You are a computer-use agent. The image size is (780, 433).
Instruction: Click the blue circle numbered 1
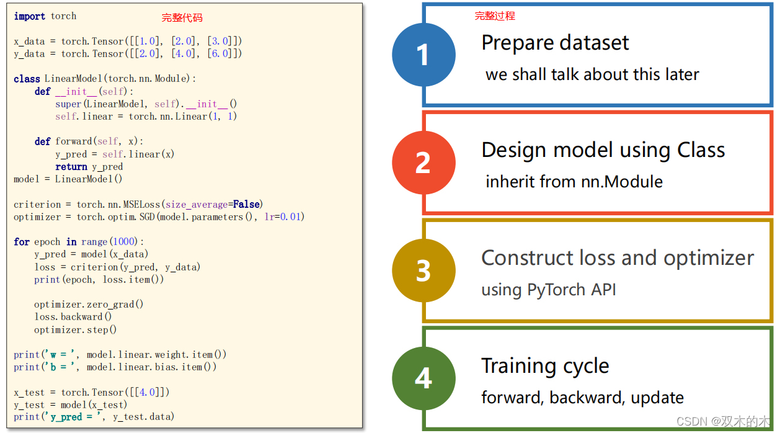423,55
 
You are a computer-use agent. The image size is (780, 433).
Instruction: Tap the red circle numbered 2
423,163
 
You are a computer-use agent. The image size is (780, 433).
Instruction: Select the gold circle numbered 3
423,270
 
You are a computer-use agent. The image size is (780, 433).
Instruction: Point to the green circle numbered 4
423,378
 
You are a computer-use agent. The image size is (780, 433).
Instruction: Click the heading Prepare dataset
555,43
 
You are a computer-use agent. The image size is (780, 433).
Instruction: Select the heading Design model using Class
603,150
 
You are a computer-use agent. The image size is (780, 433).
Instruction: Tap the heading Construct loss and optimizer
618,258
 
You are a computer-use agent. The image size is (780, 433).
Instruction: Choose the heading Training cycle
545,366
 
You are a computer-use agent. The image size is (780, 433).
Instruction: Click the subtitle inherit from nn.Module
574,182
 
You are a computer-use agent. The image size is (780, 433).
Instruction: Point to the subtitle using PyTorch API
549,290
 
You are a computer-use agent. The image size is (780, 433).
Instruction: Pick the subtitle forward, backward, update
583,398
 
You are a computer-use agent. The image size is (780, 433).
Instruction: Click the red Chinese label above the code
182,18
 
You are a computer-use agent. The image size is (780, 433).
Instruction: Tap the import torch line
45,16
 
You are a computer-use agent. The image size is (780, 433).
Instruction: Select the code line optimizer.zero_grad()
89,304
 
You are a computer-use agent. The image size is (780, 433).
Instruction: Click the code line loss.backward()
73,316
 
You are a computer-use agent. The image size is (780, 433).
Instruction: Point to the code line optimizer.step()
76,329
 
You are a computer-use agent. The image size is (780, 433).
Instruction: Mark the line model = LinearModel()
68,179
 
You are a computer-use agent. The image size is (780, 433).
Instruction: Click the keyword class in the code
27,79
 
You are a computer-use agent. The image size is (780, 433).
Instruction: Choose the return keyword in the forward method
71,166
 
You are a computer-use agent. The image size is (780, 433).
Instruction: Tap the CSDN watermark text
723,422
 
